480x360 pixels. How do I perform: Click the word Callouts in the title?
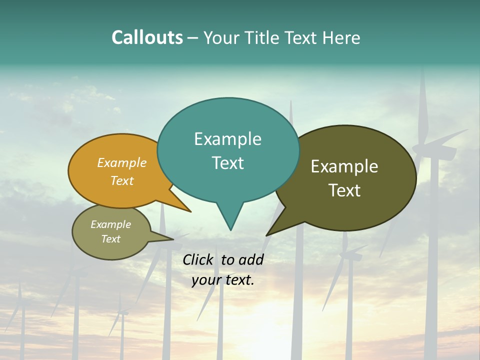pyautogui.click(x=147, y=37)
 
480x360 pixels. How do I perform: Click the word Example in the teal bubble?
pyautogui.click(x=227, y=139)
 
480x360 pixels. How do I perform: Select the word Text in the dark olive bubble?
pyautogui.click(x=344, y=190)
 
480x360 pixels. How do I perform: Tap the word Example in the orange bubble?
pyautogui.click(x=122, y=163)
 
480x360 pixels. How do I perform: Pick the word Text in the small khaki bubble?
pyautogui.click(x=111, y=239)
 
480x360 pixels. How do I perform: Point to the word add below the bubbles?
pyautogui.click(x=250, y=259)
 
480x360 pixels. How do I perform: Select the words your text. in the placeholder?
pyautogui.click(x=222, y=280)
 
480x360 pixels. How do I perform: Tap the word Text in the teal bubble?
pyautogui.click(x=227, y=163)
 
